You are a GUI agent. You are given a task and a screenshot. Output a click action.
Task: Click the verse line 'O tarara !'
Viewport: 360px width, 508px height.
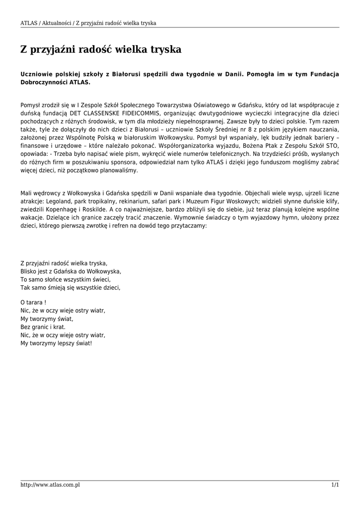click(x=33, y=302)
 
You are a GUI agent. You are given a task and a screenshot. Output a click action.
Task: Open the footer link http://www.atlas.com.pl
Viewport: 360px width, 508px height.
click(x=50, y=485)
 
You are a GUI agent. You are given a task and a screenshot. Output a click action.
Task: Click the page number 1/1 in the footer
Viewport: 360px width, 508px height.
click(x=335, y=485)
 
